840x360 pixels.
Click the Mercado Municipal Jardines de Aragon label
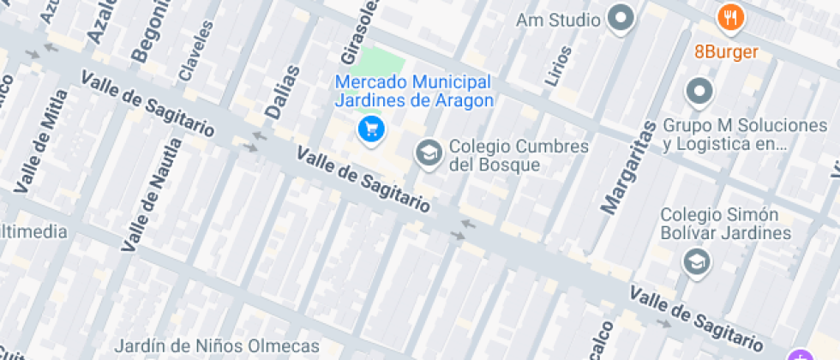pos(414,92)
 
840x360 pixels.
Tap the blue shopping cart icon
pos(371,129)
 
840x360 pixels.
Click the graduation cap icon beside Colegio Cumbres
pos(427,154)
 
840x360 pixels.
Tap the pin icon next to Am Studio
pos(620,18)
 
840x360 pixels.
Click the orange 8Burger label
pos(726,52)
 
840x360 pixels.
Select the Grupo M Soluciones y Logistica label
pos(745,135)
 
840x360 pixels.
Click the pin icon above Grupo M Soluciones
pos(699,90)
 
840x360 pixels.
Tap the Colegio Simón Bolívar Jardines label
pos(726,224)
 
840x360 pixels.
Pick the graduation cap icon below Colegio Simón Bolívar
pos(698,261)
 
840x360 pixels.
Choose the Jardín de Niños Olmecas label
pos(217,347)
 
